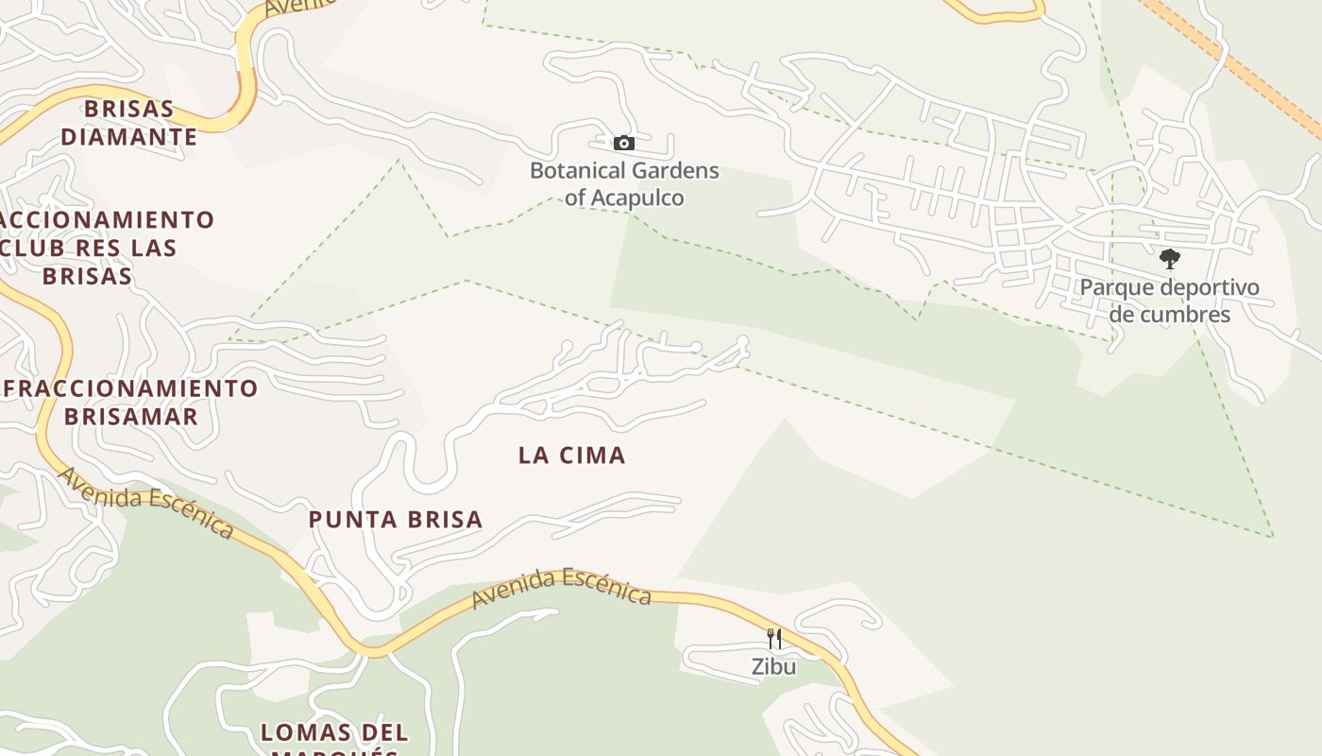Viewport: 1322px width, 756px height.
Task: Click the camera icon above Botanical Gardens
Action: point(624,144)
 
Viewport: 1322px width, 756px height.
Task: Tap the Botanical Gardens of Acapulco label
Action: point(624,184)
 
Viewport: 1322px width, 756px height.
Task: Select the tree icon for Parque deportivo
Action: point(1170,258)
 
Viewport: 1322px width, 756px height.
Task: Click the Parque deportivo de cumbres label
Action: point(1169,301)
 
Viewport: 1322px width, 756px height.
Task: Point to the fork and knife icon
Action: point(774,639)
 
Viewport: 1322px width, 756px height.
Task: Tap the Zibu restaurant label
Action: point(774,666)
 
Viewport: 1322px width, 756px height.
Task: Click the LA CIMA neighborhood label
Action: point(572,455)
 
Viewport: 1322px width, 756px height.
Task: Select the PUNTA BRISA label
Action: point(396,519)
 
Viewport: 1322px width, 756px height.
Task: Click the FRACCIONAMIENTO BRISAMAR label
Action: point(130,402)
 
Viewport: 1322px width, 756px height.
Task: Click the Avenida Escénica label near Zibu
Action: point(562,587)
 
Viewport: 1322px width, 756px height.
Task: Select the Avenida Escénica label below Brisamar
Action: point(145,501)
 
